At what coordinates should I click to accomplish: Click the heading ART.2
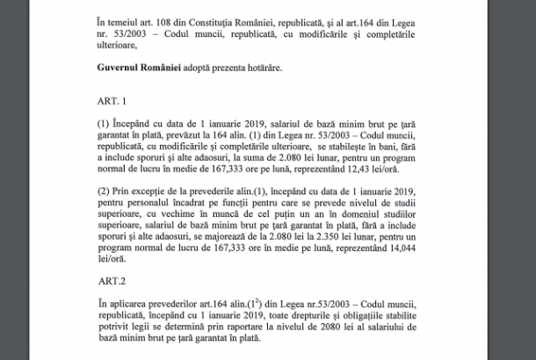coord(110,283)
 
